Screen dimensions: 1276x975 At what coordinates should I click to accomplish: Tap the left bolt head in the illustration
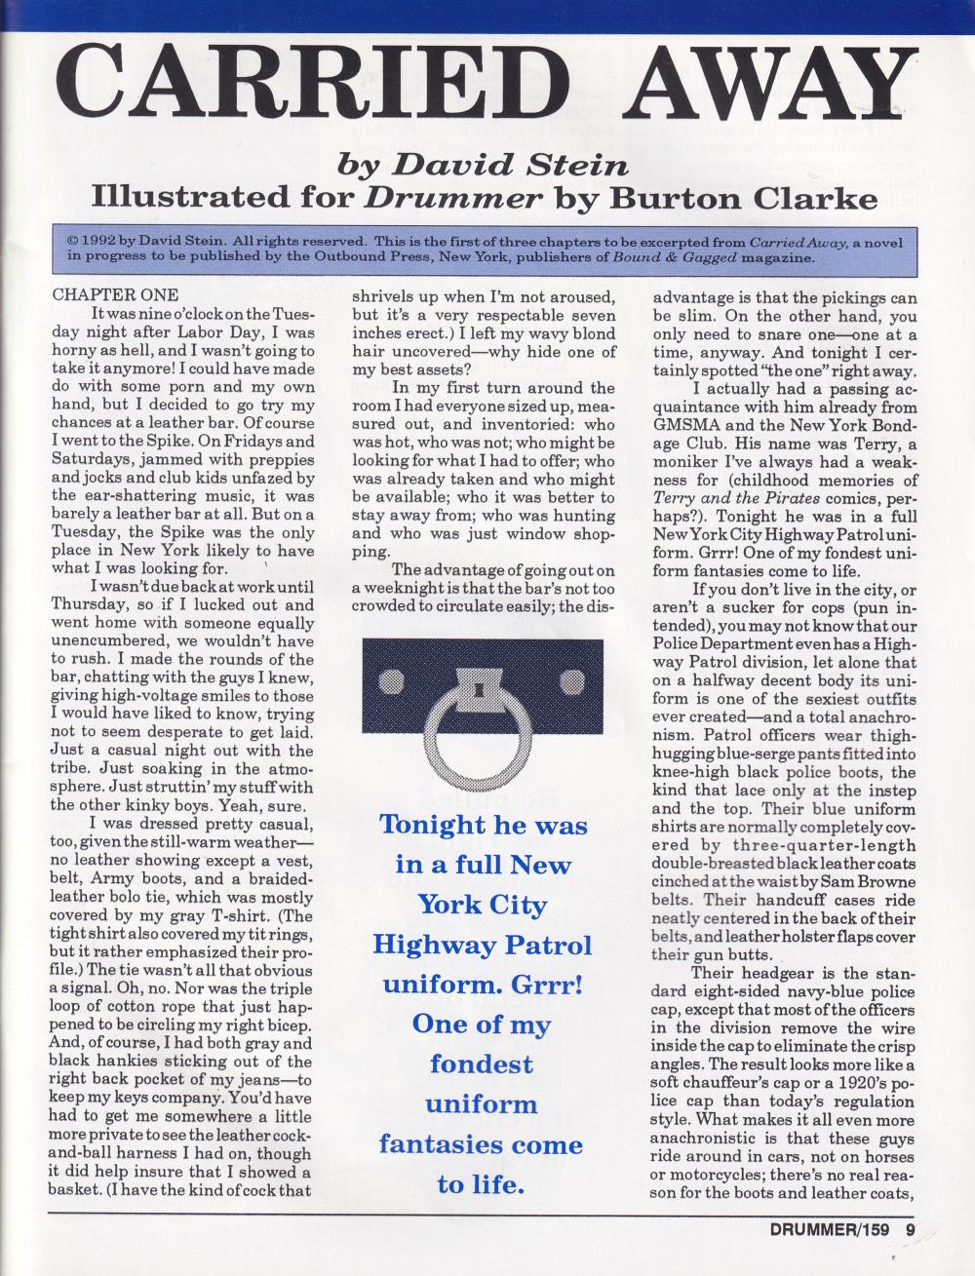[387, 679]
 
